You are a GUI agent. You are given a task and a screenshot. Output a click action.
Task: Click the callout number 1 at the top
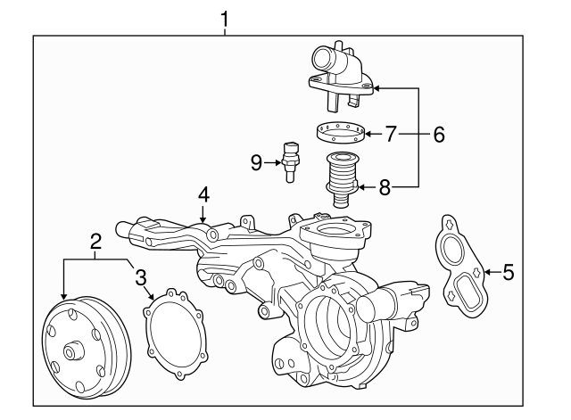(x=225, y=17)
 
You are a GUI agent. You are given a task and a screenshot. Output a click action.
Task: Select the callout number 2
(x=95, y=240)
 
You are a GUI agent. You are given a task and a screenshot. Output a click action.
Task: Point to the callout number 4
(x=203, y=194)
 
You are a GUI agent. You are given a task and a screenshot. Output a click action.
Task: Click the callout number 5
(x=508, y=272)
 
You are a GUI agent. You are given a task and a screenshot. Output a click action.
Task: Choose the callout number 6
(x=437, y=135)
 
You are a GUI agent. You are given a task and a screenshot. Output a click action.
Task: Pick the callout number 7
(x=390, y=135)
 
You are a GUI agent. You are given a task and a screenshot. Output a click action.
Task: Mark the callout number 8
(x=385, y=187)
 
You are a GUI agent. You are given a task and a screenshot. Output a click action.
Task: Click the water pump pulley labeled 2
(x=80, y=348)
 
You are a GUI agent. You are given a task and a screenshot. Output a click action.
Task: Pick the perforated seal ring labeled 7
(x=341, y=134)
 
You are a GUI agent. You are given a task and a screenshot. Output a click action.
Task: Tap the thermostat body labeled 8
(x=341, y=179)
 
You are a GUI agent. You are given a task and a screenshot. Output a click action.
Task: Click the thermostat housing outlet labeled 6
(x=339, y=67)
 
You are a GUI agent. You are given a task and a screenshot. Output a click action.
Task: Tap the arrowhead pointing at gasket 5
(x=485, y=272)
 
